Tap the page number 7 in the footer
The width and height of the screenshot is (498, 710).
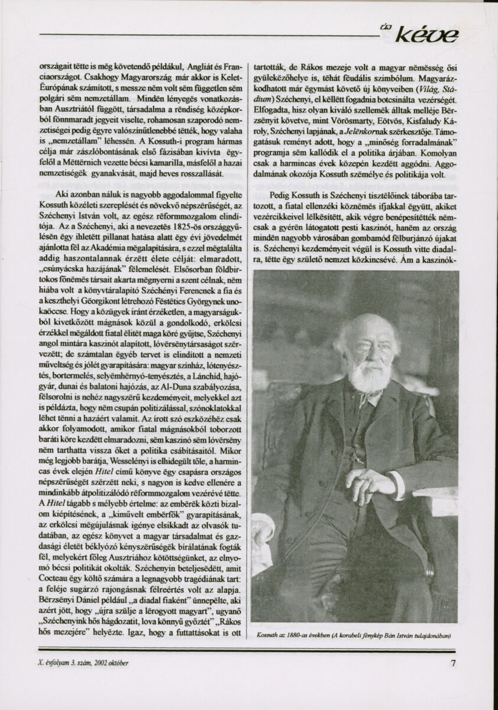point(453,663)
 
